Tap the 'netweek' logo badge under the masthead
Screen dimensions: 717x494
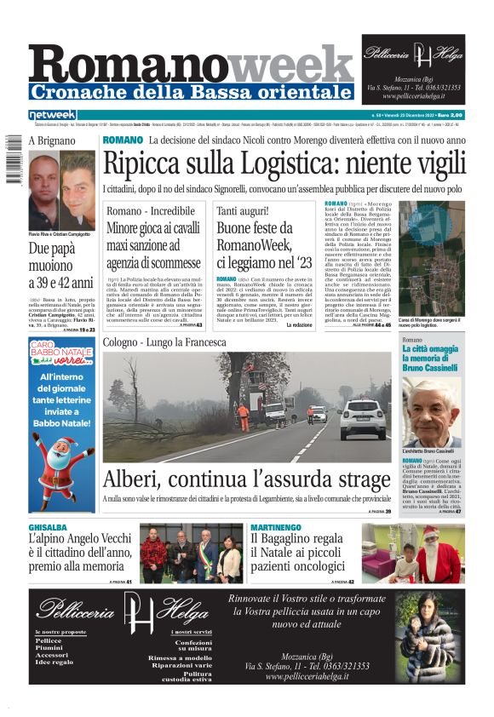coord(52,115)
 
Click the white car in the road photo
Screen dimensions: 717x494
coord(365,418)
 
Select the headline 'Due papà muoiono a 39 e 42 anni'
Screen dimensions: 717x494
coord(61,266)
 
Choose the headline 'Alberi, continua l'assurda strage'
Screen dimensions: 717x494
coord(247,481)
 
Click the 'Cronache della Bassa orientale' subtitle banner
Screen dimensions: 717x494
coord(191,91)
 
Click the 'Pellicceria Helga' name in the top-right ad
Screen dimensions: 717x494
coord(413,52)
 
